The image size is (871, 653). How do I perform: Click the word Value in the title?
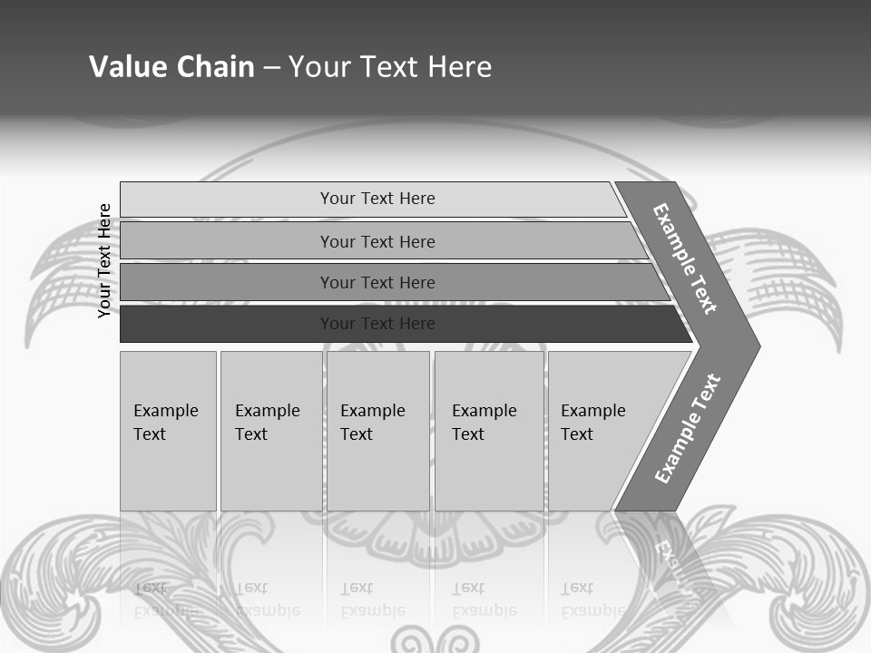[x=126, y=67]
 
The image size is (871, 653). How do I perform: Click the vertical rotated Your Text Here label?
[x=105, y=260]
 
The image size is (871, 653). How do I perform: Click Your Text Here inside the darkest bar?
[x=377, y=324]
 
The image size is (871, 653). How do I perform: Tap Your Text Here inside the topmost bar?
[x=377, y=199]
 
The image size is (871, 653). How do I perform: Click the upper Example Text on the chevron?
[x=685, y=258]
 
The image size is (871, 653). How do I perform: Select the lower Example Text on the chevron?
[x=688, y=428]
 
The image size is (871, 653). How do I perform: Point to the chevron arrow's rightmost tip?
[x=758, y=346]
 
